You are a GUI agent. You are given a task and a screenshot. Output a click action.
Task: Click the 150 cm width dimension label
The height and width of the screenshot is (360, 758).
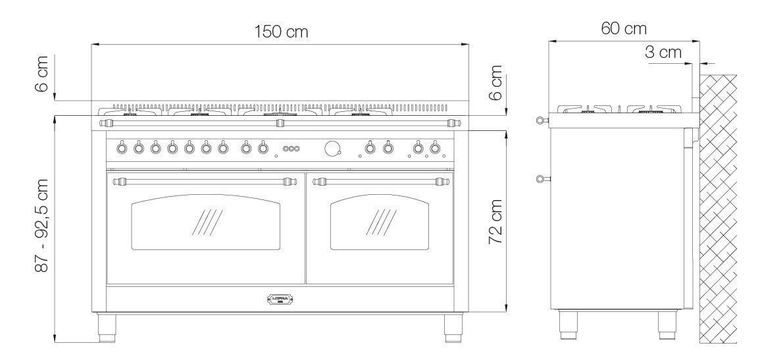click(x=281, y=32)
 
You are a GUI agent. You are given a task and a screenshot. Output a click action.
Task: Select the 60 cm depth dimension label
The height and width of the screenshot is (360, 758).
click(x=624, y=28)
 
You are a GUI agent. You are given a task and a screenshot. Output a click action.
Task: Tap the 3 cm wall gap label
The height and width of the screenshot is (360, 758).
click(x=663, y=52)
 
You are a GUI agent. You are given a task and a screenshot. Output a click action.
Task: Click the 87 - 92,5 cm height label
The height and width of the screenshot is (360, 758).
click(x=42, y=225)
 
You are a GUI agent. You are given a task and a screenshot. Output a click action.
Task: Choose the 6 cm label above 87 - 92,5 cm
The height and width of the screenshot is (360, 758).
click(x=42, y=74)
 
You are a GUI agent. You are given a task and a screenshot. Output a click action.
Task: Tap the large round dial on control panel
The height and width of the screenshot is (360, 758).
click(x=332, y=148)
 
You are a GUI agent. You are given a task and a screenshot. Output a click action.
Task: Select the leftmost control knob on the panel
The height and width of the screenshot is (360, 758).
click(x=122, y=147)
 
